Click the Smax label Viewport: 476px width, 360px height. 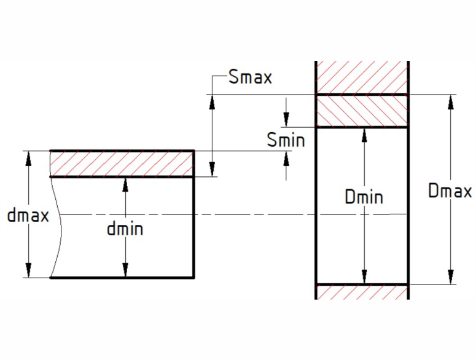(x=249, y=78)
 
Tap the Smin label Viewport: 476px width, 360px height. (x=286, y=140)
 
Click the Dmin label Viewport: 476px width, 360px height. (x=364, y=197)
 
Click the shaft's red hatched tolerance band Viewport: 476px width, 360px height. (x=122, y=164)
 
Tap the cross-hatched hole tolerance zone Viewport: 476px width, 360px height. (x=362, y=111)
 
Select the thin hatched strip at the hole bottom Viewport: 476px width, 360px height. (x=362, y=292)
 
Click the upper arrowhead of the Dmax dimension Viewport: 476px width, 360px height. (x=450, y=101)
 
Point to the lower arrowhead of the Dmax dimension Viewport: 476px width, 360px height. (x=450, y=277)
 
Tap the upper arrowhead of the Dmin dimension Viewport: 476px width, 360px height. (x=364, y=135)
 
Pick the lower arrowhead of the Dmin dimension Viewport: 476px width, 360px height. (x=364, y=277)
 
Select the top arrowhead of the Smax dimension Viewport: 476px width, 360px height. (x=212, y=101)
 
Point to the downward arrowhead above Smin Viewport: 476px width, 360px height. (x=286, y=119)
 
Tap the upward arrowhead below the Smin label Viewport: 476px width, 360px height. (x=286, y=158)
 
